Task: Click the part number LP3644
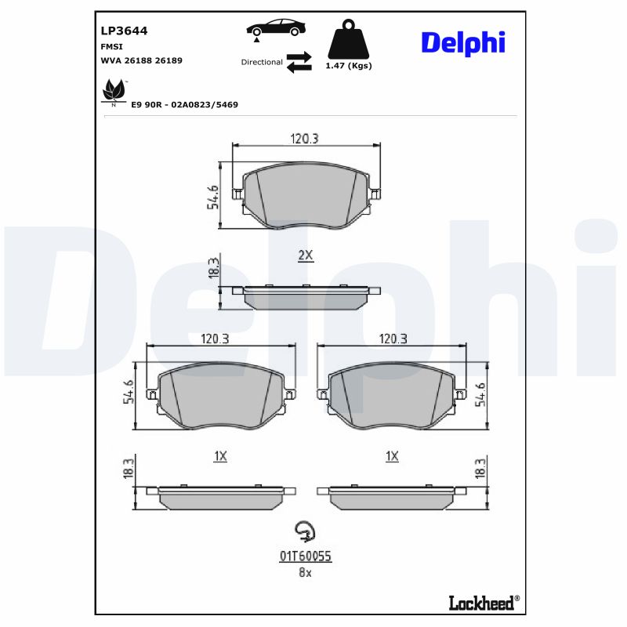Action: pos(124,31)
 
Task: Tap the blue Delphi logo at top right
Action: pos(462,42)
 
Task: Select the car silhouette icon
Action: pos(276,27)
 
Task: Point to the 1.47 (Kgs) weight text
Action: pos(348,66)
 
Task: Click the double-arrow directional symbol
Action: pos(299,62)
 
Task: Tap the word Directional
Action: pos(262,62)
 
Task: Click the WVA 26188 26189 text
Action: pos(141,60)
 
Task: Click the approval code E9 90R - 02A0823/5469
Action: pos(184,104)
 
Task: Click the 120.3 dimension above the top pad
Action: pos(305,139)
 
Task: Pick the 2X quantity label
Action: pos(306,256)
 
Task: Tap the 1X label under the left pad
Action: pos(220,456)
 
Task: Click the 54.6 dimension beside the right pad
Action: pos(481,392)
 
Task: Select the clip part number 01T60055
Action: pos(306,556)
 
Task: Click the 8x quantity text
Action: pos(305,573)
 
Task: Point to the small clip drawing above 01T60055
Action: pos(304,532)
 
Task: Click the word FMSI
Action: pos(111,47)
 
